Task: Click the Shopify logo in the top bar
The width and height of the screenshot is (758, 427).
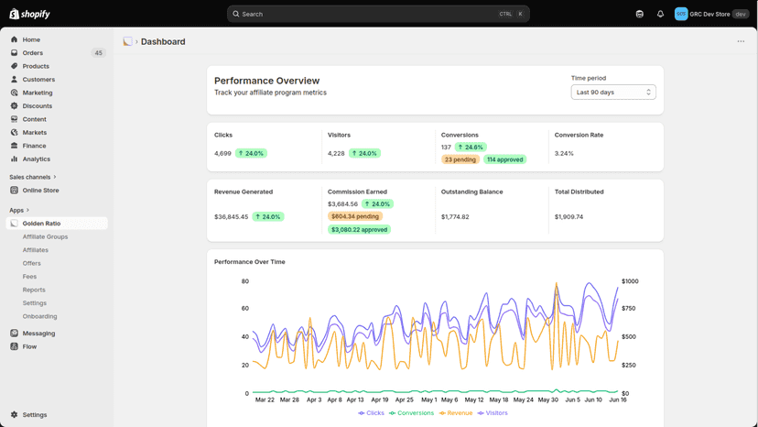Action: click(x=29, y=14)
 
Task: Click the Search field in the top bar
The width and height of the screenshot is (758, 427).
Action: click(x=378, y=14)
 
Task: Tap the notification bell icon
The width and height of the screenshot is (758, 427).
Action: click(x=660, y=14)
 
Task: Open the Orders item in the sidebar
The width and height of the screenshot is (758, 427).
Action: click(x=32, y=53)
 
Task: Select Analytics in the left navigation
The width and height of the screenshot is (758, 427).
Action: click(x=37, y=159)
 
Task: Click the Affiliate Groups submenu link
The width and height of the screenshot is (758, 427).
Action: click(x=45, y=236)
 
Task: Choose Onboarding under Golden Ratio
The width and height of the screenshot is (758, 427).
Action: click(x=39, y=316)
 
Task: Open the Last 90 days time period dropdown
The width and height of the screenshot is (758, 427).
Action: click(x=613, y=92)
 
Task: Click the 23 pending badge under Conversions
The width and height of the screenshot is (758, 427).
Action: click(x=460, y=159)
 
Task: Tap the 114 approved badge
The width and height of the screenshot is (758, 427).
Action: click(x=504, y=159)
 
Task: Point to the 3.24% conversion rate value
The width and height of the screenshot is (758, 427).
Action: click(x=564, y=153)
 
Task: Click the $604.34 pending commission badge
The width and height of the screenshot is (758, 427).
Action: click(x=355, y=216)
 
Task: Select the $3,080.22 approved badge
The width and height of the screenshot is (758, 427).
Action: click(x=359, y=229)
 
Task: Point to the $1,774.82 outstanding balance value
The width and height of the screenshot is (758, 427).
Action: click(x=455, y=217)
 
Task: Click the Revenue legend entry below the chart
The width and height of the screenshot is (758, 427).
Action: click(x=456, y=413)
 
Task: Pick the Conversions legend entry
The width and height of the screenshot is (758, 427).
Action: click(x=411, y=413)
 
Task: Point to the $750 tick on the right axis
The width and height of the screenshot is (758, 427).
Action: click(x=628, y=309)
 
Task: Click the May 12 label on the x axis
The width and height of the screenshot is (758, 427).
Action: click(x=474, y=400)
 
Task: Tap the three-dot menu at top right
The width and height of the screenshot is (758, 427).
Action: click(x=741, y=41)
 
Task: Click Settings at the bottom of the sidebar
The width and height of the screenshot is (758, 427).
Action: click(x=34, y=415)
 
